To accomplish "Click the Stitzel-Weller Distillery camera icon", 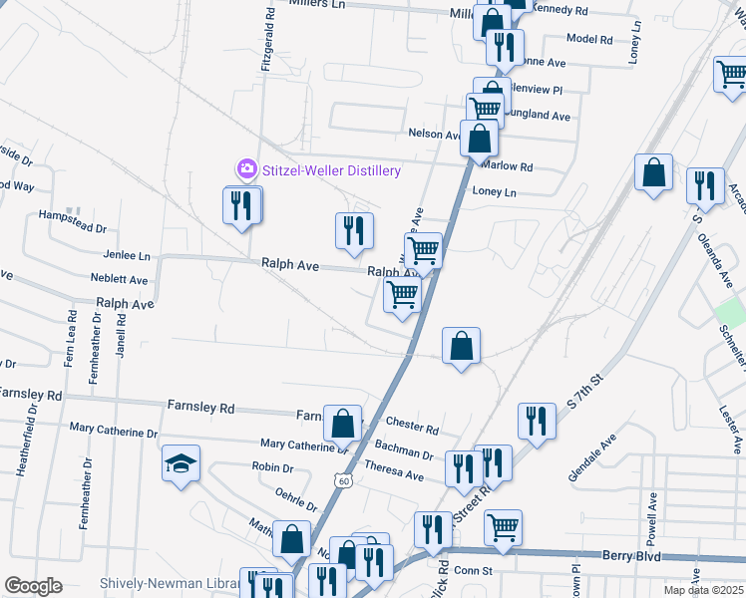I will [246, 170].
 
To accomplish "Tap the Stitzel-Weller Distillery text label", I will [331, 170].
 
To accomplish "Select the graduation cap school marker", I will [180, 463].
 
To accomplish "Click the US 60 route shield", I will [344, 481].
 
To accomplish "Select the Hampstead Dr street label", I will [65, 214].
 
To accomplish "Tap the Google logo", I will [33, 586].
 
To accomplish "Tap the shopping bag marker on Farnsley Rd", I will [342, 423].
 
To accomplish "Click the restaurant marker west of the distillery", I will [240, 205].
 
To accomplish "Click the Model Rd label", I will [588, 39].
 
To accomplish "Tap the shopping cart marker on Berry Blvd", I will [503, 526].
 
